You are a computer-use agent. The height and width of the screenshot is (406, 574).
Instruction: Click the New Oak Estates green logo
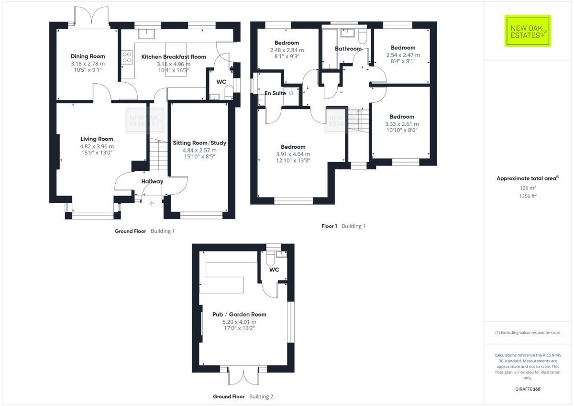click(x=528, y=31)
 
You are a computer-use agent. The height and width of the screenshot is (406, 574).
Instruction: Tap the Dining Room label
click(x=88, y=56)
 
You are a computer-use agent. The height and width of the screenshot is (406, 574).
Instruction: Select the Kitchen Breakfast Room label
click(x=174, y=57)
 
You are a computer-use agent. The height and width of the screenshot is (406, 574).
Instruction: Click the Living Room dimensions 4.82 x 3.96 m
click(x=97, y=146)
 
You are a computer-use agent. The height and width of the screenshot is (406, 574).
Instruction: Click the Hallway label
click(x=152, y=182)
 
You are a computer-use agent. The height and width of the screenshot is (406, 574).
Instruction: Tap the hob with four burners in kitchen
click(x=127, y=58)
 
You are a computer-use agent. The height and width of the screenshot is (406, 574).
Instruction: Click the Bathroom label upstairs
click(x=348, y=49)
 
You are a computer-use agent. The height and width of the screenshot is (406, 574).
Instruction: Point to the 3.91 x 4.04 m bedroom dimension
click(x=293, y=154)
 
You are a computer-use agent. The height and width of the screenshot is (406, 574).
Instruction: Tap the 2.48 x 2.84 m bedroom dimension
click(x=287, y=50)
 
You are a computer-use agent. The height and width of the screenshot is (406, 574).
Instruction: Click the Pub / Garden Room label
click(x=239, y=315)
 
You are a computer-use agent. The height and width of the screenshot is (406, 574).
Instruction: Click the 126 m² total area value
click(x=527, y=188)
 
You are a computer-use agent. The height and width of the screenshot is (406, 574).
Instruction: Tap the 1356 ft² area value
click(x=527, y=196)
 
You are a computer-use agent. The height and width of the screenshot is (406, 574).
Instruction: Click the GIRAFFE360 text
click(x=527, y=389)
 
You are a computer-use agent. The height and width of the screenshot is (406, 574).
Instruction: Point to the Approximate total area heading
click(x=526, y=178)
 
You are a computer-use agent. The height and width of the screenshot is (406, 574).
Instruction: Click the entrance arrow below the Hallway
click(x=152, y=204)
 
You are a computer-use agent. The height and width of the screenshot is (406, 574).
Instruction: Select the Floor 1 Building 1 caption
click(x=343, y=226)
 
